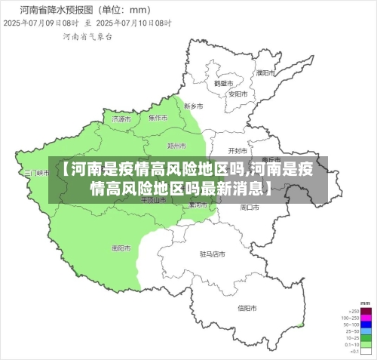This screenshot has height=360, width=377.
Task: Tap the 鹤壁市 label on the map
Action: click(x=221, y=84)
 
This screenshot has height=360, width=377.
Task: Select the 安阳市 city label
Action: click(x=238, y=94)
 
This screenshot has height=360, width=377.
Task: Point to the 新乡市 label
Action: click(x=194, y=106)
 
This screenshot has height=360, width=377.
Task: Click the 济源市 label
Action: click(x=121, y=119)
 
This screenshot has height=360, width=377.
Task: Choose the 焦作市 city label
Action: click(x=158, y=118)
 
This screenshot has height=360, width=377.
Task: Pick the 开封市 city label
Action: click(x=238, y=150)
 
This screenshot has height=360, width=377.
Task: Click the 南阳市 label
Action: click(x=121, y=248)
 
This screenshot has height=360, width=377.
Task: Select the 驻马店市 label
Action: click(x=213, y=254)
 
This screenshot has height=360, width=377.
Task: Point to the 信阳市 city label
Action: click(x=247, y=308)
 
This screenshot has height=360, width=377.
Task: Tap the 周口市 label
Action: click(x=250, y=206)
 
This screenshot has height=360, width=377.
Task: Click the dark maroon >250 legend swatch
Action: click(x=366, y=311)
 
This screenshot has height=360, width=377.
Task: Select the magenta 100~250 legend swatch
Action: click(x=366, y=318)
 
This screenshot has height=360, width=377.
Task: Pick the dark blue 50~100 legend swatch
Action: click(x=366, y=325)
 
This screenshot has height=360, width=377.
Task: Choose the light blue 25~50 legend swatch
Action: click(x=366, y=331)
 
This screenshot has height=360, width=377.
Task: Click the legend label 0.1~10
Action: click(x=352, y=345)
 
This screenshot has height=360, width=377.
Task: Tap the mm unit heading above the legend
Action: click(x=366, y=303)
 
